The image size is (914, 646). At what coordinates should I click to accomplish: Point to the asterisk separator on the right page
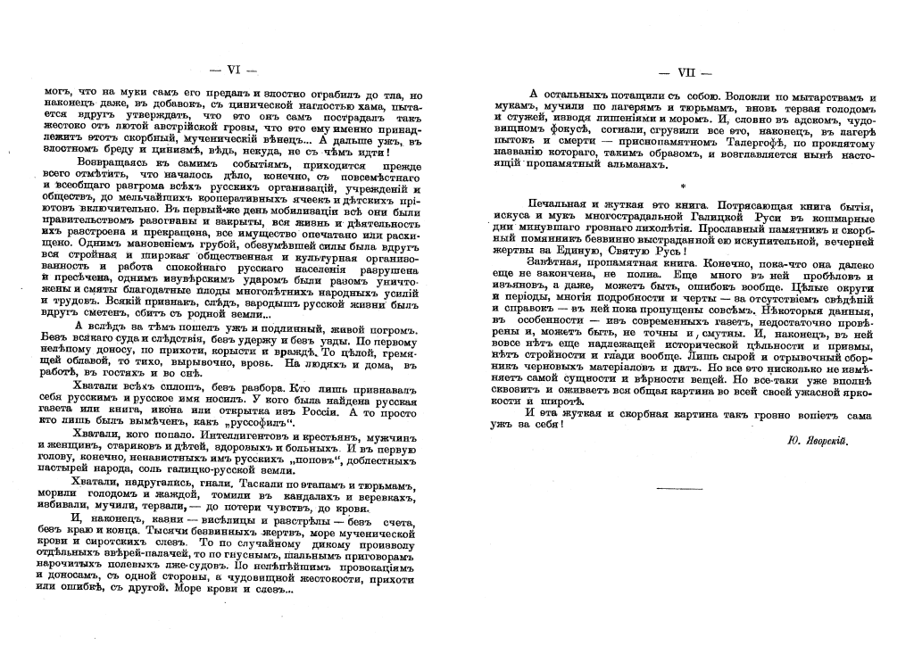[x=683, y=186]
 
